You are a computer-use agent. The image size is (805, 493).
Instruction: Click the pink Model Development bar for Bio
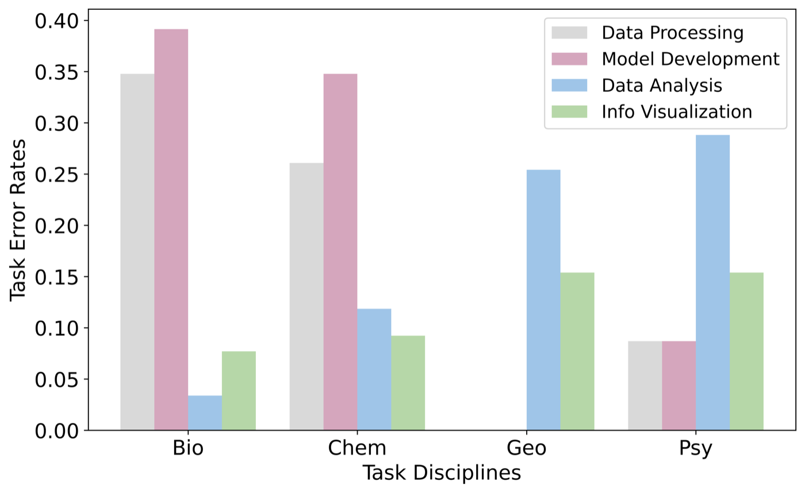click(x=171, y=229)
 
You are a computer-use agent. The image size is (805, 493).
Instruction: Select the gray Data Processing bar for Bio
click(x=137, y=252)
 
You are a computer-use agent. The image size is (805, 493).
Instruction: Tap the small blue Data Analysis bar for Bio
click(x=205, y=413)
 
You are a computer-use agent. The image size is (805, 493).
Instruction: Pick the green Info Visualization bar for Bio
click(x=239, y=391)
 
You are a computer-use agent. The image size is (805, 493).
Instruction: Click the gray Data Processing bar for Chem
click(x=306, y=296)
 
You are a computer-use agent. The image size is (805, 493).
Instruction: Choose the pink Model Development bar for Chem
click(x=340, y=252)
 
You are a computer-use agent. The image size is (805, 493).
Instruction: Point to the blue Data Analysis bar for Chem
click(x=374, y=369)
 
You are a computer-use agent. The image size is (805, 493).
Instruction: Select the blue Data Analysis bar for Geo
click(x=543, y=300)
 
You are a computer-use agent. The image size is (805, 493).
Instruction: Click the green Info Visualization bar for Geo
click(x=577, y=351)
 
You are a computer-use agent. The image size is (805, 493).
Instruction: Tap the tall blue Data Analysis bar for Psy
click(x=712, y=283)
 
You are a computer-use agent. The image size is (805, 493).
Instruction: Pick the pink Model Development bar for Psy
click(x=679, y=386)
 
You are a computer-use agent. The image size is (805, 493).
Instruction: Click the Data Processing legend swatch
click(x=569, y=33)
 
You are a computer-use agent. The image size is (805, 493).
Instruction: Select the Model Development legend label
click(x=691, y=59)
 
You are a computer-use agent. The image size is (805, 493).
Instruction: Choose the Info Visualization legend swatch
click(x=569, y=111)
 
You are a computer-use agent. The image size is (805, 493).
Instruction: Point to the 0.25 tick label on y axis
click(x=56, y=175)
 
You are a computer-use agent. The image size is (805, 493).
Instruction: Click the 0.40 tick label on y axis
click(x=56, y=21)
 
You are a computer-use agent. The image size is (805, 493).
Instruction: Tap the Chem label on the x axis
click(x=357, y=448)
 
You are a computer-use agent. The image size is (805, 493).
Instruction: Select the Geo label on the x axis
click(x=527, y=448)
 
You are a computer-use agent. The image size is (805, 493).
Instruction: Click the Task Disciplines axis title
click(x=442, y=473)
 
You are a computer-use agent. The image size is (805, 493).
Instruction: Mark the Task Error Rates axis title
click(x=18, y=220)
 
